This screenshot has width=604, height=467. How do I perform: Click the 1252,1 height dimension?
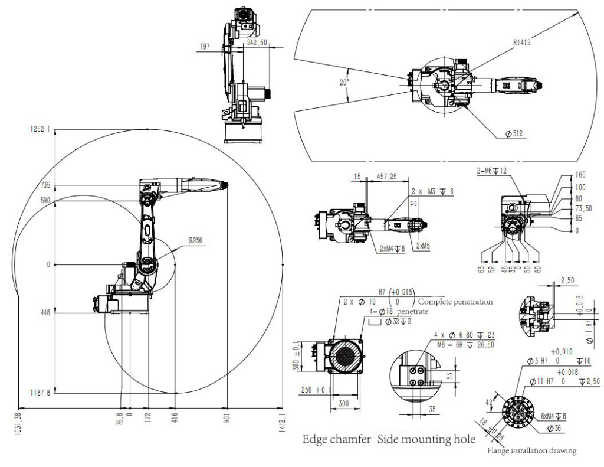coord(40,129)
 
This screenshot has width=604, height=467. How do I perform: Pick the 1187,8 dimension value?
coord(40,393)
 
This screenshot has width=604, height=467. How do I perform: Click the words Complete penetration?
coord(455,301)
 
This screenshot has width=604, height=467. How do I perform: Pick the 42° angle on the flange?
coord(488,403)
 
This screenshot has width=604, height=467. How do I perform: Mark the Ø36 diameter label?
coord(553,428)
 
